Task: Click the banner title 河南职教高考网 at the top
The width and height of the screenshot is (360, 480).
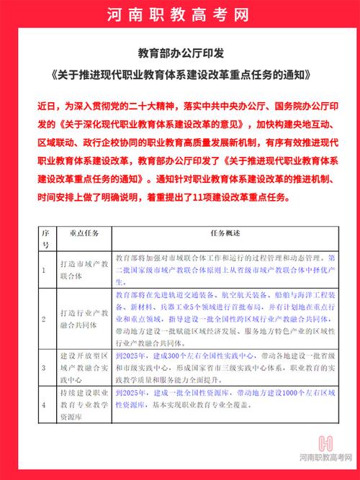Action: click(x=180, y=15)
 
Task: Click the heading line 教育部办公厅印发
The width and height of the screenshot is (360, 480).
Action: click(x=179, y=54)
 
